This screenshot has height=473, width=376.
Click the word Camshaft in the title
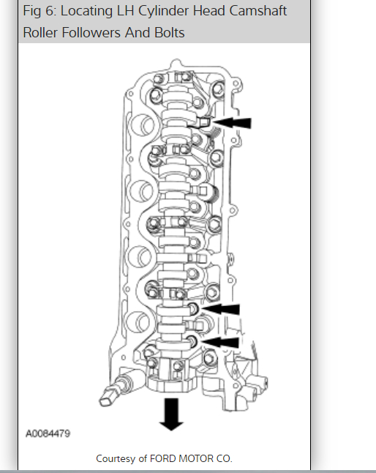(258, 11)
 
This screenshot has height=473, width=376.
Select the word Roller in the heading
(40, 32)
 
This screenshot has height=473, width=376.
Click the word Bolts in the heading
(169, 32)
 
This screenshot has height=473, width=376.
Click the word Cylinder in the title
(163, 12)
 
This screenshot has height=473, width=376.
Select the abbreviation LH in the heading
(125, 11)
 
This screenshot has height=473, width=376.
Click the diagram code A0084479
(48, 433)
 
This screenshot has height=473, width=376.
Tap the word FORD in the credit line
(162, 458)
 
